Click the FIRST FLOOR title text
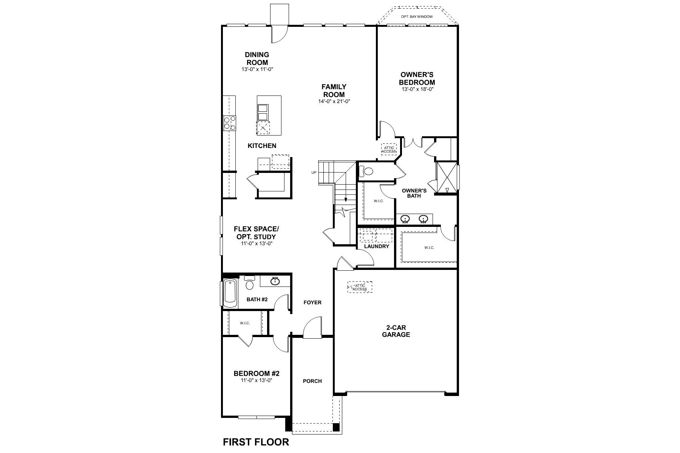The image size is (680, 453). [256, 442]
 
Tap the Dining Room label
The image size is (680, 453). [257, 59]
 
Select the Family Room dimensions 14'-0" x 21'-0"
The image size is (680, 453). [334, 102]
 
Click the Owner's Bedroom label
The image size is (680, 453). [417, 79]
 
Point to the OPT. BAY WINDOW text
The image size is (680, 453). [417, 17]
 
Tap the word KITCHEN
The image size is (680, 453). [262, 146]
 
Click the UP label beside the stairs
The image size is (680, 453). [314, 173]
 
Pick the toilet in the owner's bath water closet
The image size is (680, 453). [367, 172]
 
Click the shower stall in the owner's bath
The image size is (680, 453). [447, 177]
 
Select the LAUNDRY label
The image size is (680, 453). [377, 247]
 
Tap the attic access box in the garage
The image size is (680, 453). [360, 287]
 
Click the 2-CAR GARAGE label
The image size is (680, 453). [396, 331]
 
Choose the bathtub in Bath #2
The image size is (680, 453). [230, 293]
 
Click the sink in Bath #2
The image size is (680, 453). [275, 281]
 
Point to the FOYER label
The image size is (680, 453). [312, 302]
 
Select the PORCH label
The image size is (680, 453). [312, 381]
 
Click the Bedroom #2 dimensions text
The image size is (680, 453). [257, 381]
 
